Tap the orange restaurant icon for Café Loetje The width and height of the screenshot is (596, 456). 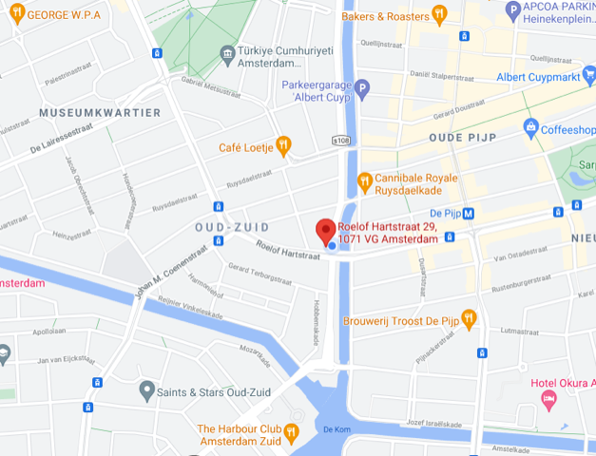tap(282, 145)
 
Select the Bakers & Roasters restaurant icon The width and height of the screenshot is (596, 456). tap(439, 13)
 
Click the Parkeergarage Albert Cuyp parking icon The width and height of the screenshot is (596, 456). tap(362, 87)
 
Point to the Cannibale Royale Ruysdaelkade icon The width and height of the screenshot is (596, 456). tap(364, 180)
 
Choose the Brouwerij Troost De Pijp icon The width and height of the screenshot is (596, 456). tap(468, 317)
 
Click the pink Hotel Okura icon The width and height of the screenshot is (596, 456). tap(548, 400)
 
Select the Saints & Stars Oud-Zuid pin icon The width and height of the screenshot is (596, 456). tap(146, 389)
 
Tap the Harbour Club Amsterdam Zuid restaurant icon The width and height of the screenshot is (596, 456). tap(292, 431)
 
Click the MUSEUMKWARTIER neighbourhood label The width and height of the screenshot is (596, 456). tap(99, 112)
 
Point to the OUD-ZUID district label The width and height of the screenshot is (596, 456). tap(232, 227)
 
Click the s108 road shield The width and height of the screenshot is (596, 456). tap(341, 141)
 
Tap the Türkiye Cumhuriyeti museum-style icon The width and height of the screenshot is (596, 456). tap(227, 53)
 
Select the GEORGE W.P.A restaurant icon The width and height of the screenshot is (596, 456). tap(17, 13)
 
